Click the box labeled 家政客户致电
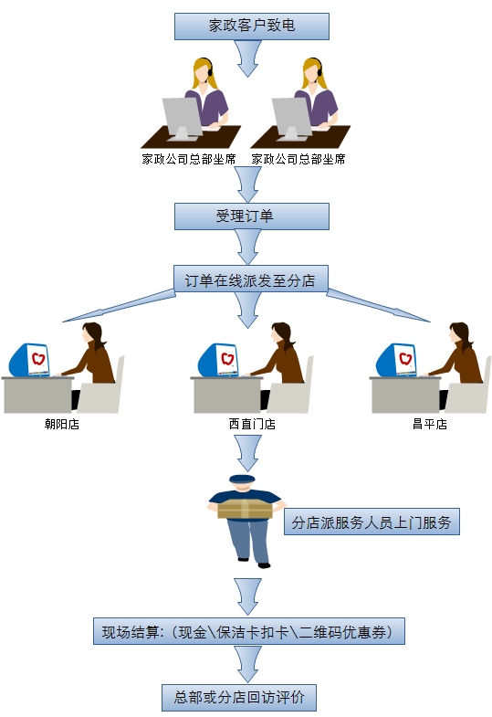252,26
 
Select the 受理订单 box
252,216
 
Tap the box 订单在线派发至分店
251,279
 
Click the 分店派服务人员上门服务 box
372,522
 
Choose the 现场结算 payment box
249,631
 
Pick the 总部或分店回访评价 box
239,697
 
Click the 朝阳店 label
62,425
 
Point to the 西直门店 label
252,425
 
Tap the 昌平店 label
430,425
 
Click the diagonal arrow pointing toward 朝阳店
119,305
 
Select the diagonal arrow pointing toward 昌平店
378,305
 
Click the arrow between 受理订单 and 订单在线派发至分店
248,247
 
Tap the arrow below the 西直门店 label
248,453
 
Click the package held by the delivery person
245,509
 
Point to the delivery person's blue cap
242,480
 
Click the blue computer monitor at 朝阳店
30,361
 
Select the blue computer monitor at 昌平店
396,361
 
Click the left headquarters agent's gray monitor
182,118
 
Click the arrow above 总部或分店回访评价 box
248,664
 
